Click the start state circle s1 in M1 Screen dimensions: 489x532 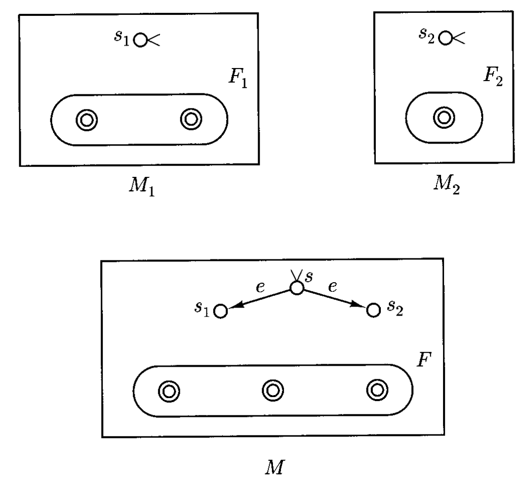point(140,40)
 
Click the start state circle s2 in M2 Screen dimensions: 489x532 point(446,37)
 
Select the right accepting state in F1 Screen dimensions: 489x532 point(190,119)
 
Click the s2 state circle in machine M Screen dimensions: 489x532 point(373,311)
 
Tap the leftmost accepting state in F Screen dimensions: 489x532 point(167,391)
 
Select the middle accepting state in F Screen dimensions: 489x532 point(271,390)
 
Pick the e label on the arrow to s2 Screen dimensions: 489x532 point(332,287)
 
